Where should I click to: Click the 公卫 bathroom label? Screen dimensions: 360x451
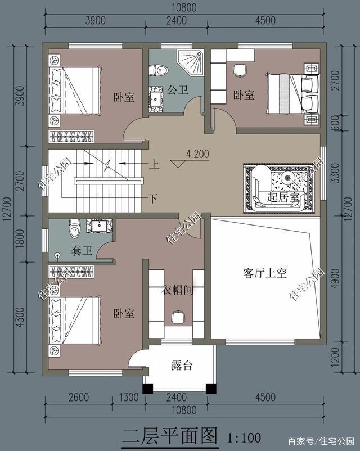coord(178,90)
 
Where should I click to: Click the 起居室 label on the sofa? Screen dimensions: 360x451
coord(283,197)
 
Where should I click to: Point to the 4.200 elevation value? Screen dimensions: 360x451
coord(197,154)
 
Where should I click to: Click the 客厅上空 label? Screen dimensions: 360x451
coord(265,273)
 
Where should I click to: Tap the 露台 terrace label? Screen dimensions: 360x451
coord(182,366)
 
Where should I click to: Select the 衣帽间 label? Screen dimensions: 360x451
coord(178,290)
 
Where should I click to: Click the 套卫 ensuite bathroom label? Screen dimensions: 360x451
coord(82,251)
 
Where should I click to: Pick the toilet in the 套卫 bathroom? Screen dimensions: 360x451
coord(75,228)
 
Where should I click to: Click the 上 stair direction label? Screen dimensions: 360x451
coord(154,165)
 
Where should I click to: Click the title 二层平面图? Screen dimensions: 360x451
coord(170,436)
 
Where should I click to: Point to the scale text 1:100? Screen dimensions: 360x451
coord(244,438)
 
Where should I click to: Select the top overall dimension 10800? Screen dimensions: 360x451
coord(184,8)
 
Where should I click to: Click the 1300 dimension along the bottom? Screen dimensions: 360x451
coord(129,397)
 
